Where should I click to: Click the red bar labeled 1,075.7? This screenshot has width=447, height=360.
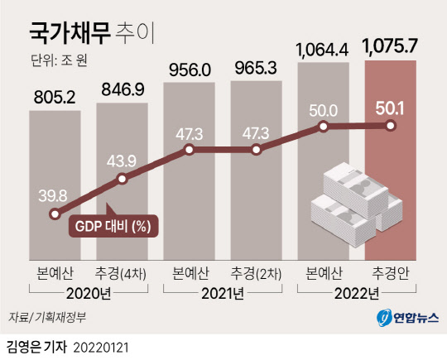point(390,161)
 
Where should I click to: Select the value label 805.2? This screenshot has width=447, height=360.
point(55,97)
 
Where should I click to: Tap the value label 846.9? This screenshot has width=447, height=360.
point(123,89)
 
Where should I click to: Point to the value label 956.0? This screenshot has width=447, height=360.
point(190,70)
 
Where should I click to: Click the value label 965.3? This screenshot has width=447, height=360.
point(256,69)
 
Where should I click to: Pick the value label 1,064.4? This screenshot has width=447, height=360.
point(322,50)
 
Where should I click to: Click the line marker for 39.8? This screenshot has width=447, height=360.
point(54,214)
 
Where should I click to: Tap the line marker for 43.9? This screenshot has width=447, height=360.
point(122,179)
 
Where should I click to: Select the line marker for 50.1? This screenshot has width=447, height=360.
point(390,126)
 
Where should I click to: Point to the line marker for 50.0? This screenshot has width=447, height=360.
point(323,126)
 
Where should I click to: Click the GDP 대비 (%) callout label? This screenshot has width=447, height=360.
point(113,226)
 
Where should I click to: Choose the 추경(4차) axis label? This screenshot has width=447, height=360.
point(121,273)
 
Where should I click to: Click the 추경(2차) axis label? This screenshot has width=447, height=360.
point(256,273)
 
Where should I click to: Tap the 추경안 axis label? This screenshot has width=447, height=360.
point(390,273)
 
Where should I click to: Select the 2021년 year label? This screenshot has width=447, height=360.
point(223,294)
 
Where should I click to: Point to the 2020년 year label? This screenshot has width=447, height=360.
point(89,294)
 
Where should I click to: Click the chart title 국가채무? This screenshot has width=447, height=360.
point(70,34)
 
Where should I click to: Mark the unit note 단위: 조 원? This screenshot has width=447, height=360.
point(59,60)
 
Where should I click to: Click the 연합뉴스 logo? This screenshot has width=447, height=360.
point(407,318)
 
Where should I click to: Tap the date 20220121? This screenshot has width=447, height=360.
point(101,348)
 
